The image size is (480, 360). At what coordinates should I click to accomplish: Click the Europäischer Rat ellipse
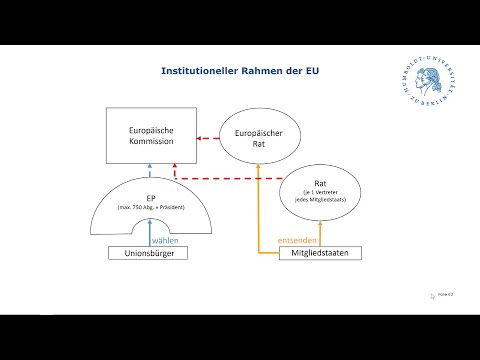[258, 137]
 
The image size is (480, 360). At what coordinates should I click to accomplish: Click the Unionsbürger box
[148, 254]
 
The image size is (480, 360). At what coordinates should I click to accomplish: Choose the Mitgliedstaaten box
[320, 254]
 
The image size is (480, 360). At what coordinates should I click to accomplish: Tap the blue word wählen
[164, 239]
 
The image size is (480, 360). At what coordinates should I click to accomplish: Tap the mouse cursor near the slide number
[433, 296]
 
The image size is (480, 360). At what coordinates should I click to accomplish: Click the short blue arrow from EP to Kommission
[148, 169]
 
